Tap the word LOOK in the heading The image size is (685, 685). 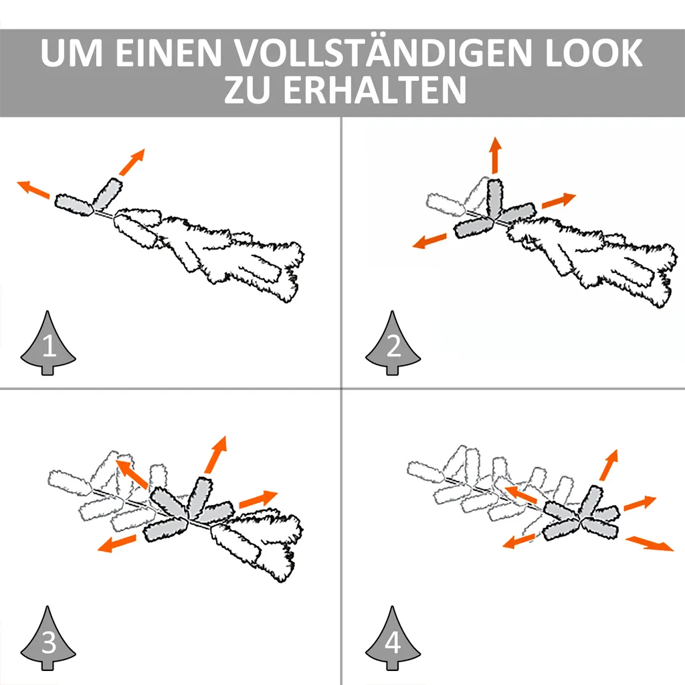[594, 53]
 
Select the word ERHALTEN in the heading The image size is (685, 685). [375, 90]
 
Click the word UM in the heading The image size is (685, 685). [72, 53]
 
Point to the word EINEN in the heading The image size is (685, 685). [169, 53]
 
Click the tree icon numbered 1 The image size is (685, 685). [48, 343]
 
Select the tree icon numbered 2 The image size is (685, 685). [393, 343]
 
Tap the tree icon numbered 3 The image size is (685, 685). [48, 638]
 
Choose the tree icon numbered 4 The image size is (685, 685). [393, 638]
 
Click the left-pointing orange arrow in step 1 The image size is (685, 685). [33, 189]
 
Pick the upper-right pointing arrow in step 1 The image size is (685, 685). [132, 162]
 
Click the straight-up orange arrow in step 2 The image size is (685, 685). [495, 155]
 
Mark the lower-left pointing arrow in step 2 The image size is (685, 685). [429, 241]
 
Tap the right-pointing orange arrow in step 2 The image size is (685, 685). [559, 200]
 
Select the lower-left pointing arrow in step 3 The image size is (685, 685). [116, 543]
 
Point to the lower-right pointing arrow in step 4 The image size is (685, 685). [650, 544]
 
